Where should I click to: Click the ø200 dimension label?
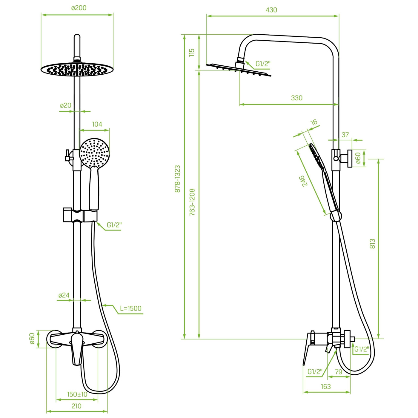[x=79, y=8]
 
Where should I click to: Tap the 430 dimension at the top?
[x=271, y=10]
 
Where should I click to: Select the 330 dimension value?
[x=296, y=98]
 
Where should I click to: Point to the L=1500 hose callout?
[x=130, y=308]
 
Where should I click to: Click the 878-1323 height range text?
[x=177, y=179]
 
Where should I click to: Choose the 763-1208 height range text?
[x=192, y=202]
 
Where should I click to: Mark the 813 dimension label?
[x=372, y=244]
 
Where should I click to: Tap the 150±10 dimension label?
[x=77, y=394]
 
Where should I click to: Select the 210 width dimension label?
[x=76, y=406]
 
